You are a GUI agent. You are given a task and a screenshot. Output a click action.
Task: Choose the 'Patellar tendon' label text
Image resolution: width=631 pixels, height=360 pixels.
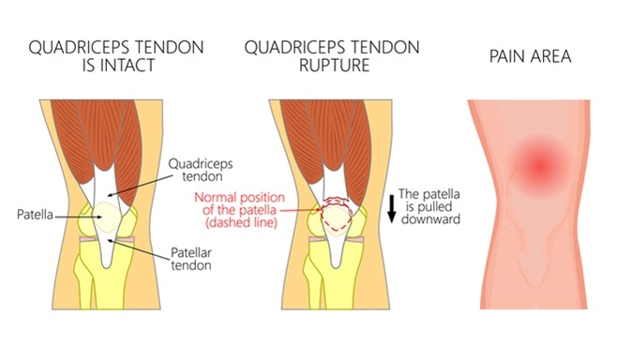pos(194,258)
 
